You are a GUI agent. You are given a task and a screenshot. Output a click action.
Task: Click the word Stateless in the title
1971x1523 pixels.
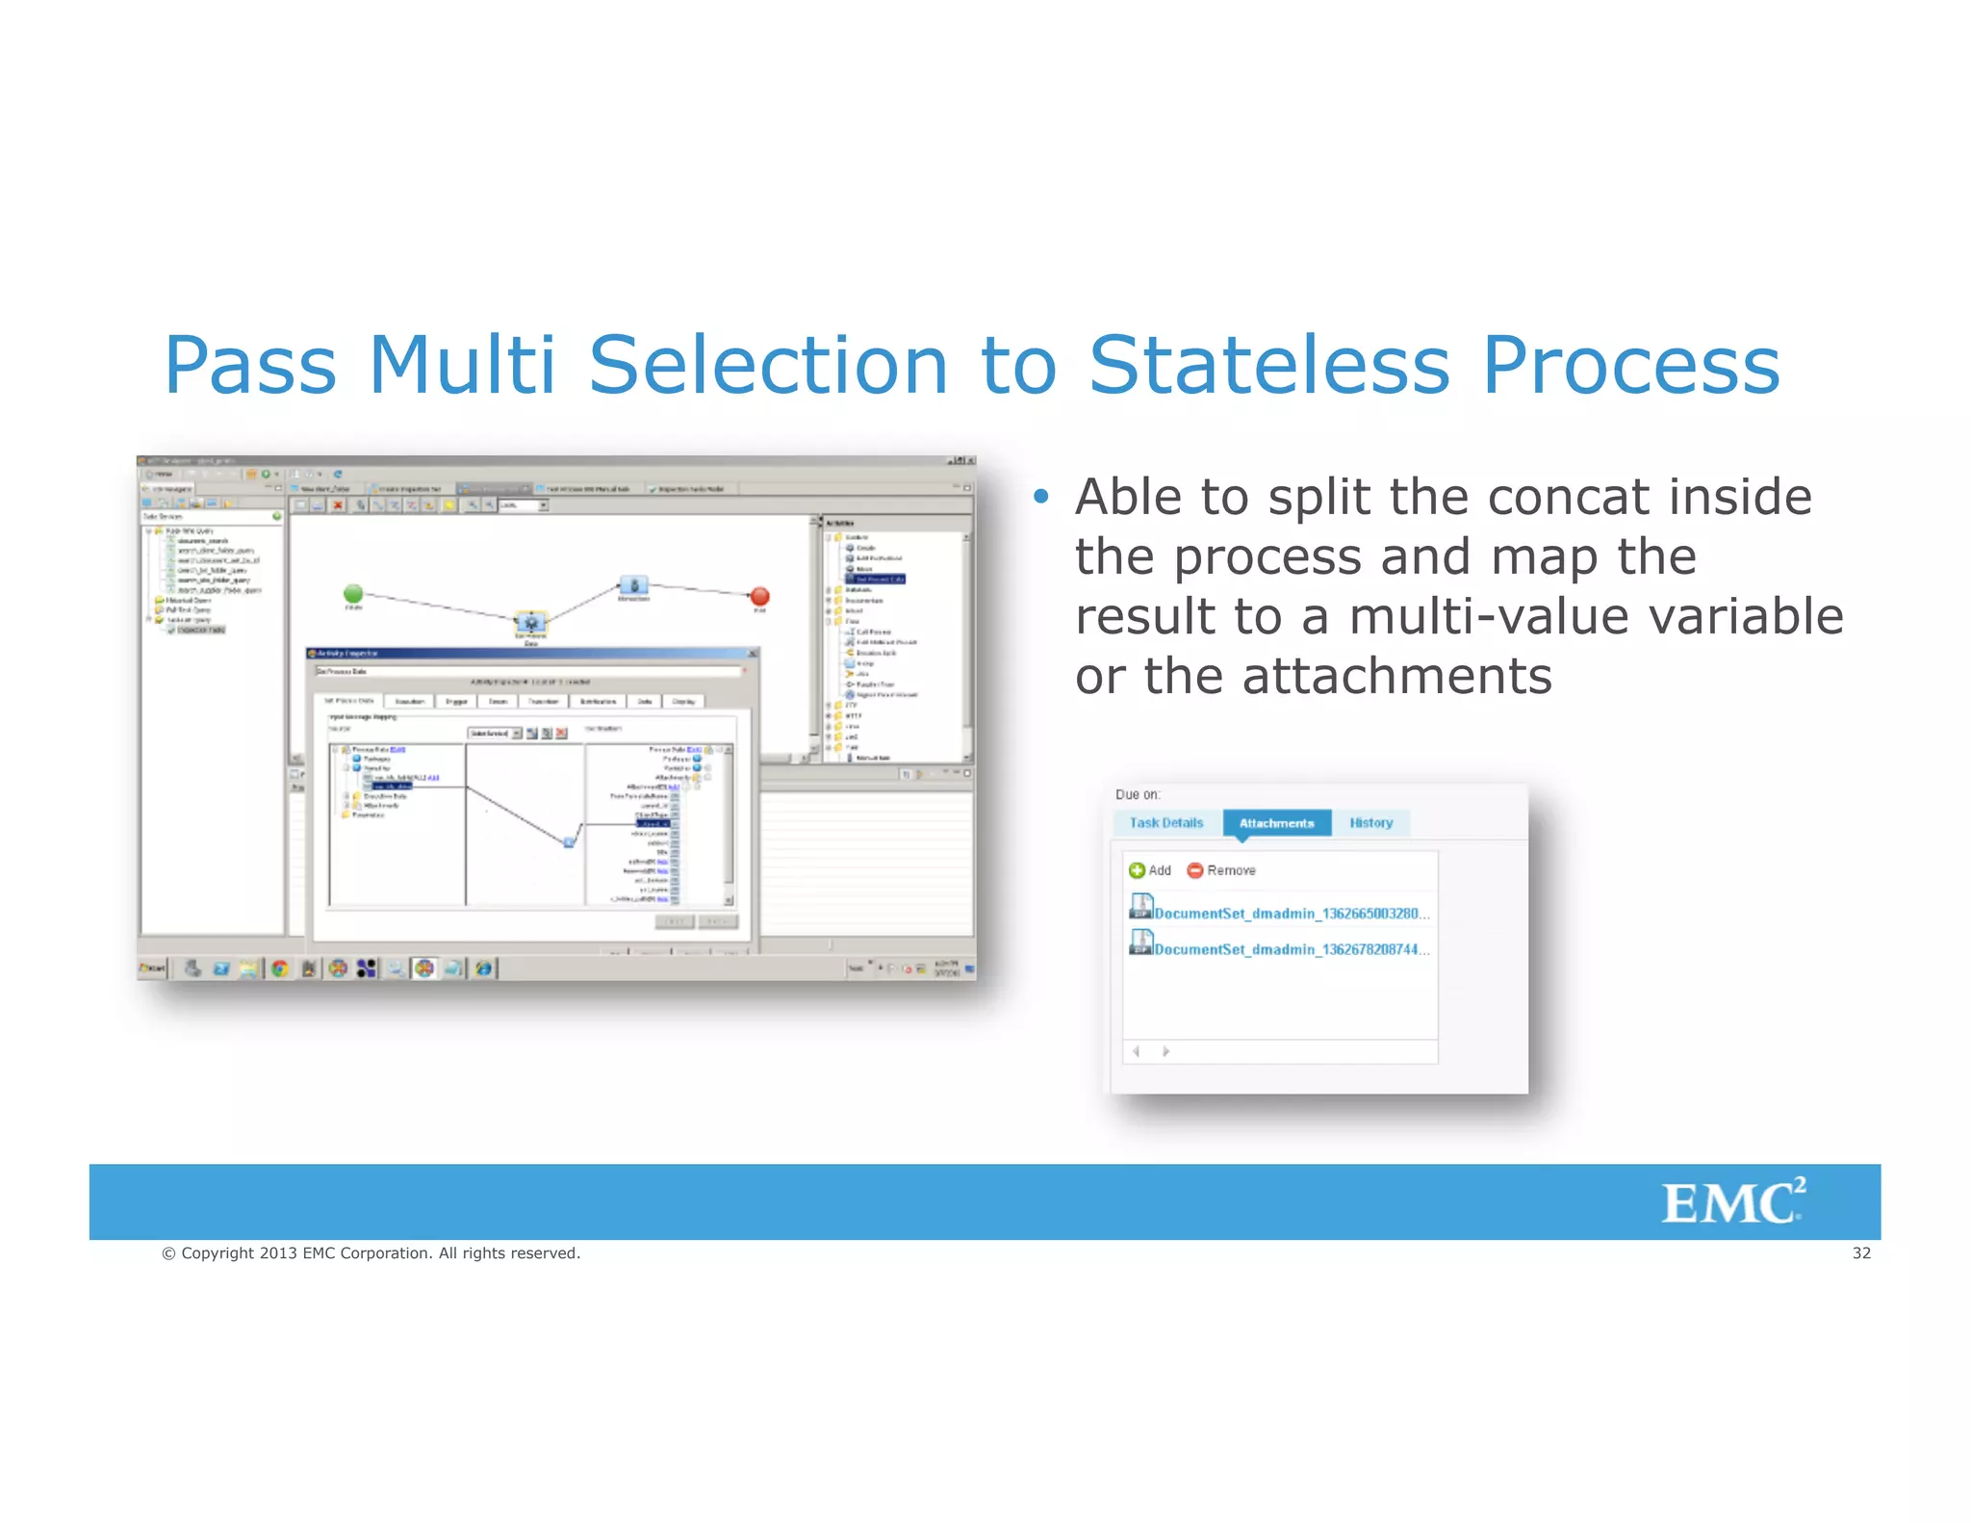tap(1268, 366)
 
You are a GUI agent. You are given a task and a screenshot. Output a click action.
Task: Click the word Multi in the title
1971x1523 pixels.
tap(462, 366)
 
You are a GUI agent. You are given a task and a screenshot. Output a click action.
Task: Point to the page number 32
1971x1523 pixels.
tap(1861, 1252)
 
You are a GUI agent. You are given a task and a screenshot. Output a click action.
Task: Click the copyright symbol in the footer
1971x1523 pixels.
tap(168, 1253)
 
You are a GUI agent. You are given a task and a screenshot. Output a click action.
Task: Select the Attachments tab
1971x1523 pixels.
tap(1276, 823)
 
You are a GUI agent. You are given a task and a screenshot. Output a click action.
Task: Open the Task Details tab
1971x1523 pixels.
tap(1165, 823)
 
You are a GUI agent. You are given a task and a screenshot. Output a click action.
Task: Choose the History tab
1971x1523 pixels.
tap(1370, 823)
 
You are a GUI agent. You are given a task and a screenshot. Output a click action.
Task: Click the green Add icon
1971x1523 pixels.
tap(1137, 870)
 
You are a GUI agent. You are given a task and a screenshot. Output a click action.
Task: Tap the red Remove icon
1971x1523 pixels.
tap(1195, 870)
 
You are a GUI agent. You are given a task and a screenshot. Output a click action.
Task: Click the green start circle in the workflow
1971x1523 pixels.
tap(353, 593)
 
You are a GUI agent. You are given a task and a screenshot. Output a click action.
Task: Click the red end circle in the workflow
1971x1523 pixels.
tap(759, 596)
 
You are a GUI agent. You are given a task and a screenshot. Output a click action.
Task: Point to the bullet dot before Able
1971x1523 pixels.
tap(1039, 497)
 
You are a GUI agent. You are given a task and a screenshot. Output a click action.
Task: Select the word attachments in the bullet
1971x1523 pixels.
tap(1396, 676)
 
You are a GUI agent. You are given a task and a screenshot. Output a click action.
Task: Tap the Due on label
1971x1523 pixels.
tap(1138, 794)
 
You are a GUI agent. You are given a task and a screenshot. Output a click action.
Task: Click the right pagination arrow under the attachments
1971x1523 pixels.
tap(1165, 1051)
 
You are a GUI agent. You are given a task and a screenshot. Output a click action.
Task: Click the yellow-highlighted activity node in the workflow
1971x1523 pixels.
tap(530, 622)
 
